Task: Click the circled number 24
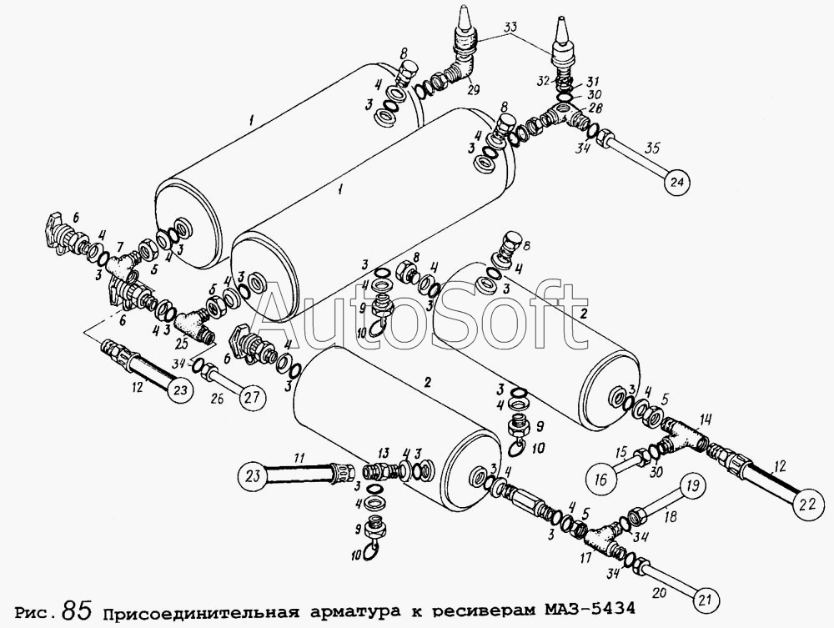677,183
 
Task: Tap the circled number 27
251,395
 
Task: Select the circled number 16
601,480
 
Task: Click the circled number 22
808,505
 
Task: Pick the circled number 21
704,600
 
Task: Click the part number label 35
652,148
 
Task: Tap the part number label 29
472,90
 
